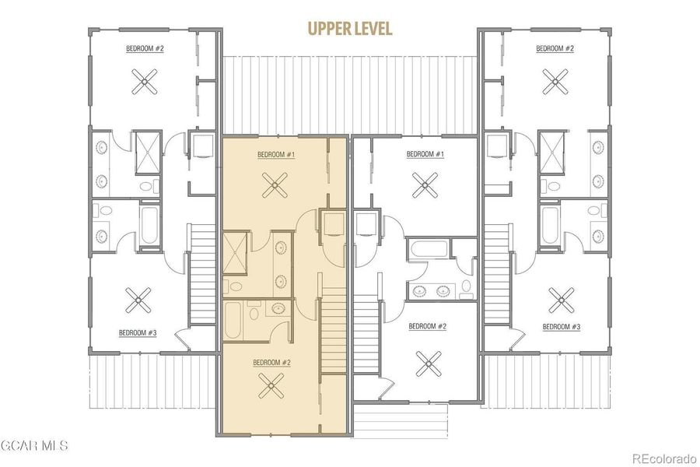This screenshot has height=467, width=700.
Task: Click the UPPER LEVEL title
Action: coord(350,30)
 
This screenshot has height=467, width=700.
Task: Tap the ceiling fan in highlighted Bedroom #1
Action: coord(275,185)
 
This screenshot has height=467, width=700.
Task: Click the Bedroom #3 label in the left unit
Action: coord(138,333)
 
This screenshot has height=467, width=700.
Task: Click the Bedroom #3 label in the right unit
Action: coord(561,326)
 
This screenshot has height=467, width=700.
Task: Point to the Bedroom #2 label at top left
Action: coord(145,48)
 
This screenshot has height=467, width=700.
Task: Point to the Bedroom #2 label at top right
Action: coord(555,48)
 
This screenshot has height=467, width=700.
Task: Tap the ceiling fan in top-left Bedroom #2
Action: coord(145,83)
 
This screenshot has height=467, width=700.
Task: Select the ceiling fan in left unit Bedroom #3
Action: coord(138,298)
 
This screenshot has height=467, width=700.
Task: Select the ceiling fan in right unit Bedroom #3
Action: coord(561,298)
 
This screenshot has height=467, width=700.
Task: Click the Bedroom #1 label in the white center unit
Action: coord(425,154)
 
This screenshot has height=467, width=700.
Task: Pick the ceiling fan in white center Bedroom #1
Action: coord(425,185)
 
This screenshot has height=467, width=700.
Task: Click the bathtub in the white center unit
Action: coord(429,251)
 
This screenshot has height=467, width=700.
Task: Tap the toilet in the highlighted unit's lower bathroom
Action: coord(254,314)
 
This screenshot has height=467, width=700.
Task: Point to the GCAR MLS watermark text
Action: coord(34,446)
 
